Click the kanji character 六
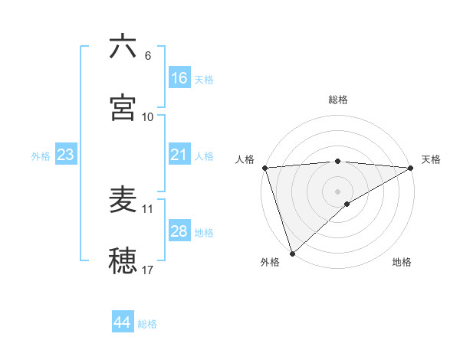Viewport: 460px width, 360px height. click(123, 47)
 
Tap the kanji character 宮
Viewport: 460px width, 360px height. click(123, 107)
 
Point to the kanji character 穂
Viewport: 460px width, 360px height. click(123, 260)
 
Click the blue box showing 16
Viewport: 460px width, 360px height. click(179, 78)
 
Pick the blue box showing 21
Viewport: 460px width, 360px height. click(179, 155)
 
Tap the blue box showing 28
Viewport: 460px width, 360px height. click(179, 231)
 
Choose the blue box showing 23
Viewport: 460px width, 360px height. click(66, 155)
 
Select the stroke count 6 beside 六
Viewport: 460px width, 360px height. click(148, 56)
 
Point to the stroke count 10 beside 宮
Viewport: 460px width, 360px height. click(148, 117)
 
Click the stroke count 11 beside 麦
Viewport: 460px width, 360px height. click(148, 208)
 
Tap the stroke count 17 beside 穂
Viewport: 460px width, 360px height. click(148, 270)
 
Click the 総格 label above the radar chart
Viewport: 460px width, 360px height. click(338, 100)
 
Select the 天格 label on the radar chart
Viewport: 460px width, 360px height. click(431, 159)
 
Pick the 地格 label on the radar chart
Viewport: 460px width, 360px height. click(402, 262)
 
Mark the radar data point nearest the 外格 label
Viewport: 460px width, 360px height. click(292, 253)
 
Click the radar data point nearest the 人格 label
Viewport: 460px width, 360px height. click(264, 167)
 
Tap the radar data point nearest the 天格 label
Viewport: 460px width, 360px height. click(411, 167)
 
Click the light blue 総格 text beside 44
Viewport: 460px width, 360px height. click(147, 324)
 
